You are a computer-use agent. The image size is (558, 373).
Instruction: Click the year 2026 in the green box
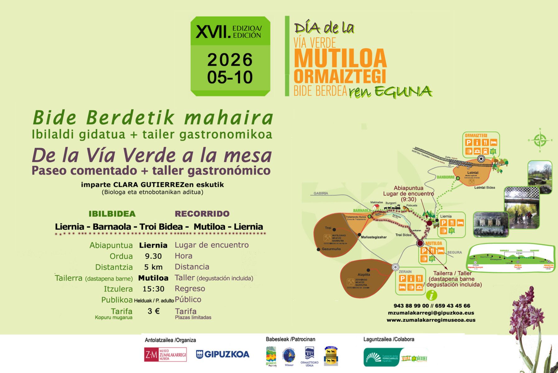tap(230, 60)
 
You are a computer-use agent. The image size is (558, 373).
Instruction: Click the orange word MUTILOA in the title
tap(340, 58)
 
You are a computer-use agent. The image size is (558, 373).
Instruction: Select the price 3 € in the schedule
tap(154, 311)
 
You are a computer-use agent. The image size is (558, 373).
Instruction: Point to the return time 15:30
tap(153, 289)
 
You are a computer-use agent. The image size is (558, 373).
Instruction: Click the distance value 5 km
tap(153, 267)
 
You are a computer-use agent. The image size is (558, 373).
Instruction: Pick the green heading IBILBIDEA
tap(112, 214)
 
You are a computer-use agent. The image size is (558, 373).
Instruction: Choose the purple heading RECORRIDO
tap(202, 214)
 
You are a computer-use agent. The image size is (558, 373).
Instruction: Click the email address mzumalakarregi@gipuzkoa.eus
tap(431, 313)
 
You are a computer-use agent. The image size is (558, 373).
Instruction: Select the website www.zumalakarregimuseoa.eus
tap(431, 320)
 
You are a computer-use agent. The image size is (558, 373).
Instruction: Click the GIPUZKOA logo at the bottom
tap(223, 354)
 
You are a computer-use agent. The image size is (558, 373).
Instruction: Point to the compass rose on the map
tap(540, 140)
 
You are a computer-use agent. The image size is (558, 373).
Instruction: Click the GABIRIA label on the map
tap(321, 193)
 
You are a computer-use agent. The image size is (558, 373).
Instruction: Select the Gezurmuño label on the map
tap(331, 249)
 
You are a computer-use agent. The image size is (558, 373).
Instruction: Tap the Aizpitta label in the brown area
tap(364, 274)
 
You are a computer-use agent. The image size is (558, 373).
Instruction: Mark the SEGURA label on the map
tap(454, 252)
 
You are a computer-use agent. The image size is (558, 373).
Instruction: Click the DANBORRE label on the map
tap(445, 177)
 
